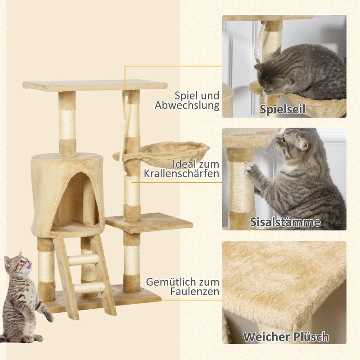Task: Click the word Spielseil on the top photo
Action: pyautogui.click(x=283, y=109)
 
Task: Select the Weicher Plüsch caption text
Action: pyautogui.click(x=286, y=337)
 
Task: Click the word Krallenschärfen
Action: pyautogui.click(x=182, y=173)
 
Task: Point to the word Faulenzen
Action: pyautogui.click(x=195, y=292)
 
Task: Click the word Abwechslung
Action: pyautogui.click(x=187, y=106)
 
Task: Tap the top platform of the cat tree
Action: pyautogui.click(x=94, y=85)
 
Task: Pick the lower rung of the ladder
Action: pyautogui.click(x=89, y=287)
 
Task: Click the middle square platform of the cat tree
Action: pyautogui.click(x=148, y=222)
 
